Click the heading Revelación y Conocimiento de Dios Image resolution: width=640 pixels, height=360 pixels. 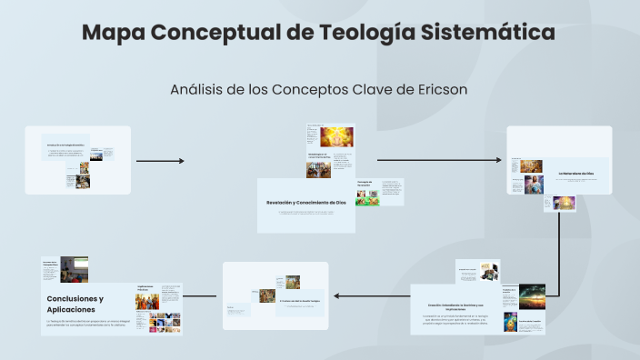tap(305, 202)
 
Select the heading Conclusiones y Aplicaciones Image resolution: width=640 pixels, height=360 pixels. tap(75, 304)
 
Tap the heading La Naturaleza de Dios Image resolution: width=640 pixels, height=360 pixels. tap(575, 171)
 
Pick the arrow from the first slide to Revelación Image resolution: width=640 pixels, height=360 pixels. tap(159, 161)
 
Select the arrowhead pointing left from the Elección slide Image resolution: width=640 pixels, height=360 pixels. tap(337, 296)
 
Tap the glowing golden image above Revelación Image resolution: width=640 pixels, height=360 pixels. tap(335, 136)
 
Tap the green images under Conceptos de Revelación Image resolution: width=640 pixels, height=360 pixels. tap(367, 198)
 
